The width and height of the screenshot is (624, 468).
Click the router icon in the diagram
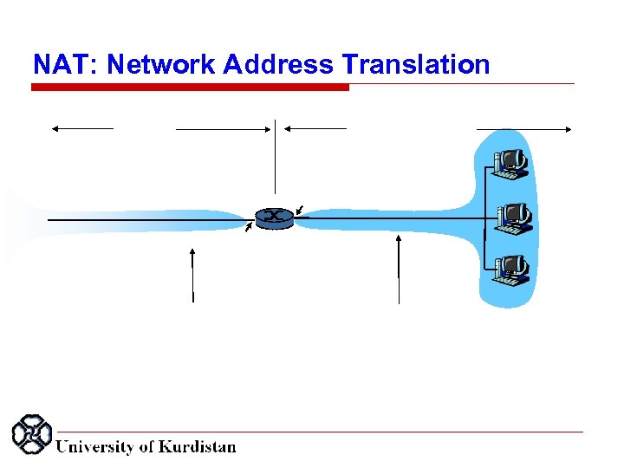(x=275, y=217)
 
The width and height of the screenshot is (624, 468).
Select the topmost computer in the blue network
(x=510, y=162)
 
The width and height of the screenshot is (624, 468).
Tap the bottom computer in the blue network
(x=510, y=269)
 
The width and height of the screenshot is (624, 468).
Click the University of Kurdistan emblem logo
(x=31, y=434)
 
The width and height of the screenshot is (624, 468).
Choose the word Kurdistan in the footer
(x=197, y=447)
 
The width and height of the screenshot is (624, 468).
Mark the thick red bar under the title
(x=191, y=88)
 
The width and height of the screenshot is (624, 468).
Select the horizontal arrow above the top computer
(x=523, y=129)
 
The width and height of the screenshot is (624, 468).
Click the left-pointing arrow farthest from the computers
(x=81, y=128)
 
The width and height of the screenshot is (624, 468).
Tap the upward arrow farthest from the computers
(x=193, y=274)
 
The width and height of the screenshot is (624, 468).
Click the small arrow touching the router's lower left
(x=250, y=228)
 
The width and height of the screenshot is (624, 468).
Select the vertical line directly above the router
(x=275, y=156)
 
